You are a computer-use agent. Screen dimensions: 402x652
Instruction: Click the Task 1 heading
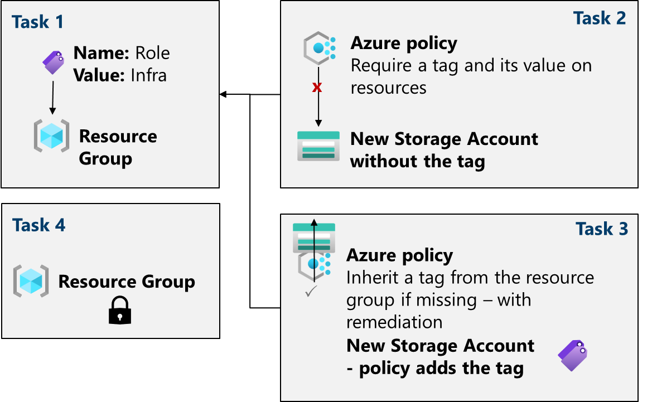[38, 22]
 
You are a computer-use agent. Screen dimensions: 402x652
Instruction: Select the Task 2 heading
[600, 18]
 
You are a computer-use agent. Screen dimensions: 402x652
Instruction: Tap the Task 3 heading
[602, 229]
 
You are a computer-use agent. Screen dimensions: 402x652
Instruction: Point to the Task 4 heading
[39, 225]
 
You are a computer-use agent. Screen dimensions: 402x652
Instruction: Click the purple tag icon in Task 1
[54, 62]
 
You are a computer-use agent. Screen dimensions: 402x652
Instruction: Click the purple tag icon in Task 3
[573, 356]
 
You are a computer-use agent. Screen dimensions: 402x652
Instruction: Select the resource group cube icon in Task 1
[51, 135]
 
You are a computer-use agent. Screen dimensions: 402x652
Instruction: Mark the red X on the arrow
[317, 88]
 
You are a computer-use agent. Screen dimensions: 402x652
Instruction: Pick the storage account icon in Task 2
[318, 147]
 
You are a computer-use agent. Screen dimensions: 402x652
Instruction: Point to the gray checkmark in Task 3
[311, 292]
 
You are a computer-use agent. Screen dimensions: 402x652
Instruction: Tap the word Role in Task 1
[152, 53]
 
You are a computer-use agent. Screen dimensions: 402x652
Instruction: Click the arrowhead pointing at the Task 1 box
[223, 95]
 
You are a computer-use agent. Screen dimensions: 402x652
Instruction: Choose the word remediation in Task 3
[394, 322]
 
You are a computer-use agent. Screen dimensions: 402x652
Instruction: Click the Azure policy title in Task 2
[404, 43]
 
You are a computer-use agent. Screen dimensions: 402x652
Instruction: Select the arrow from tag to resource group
[52, 98]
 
